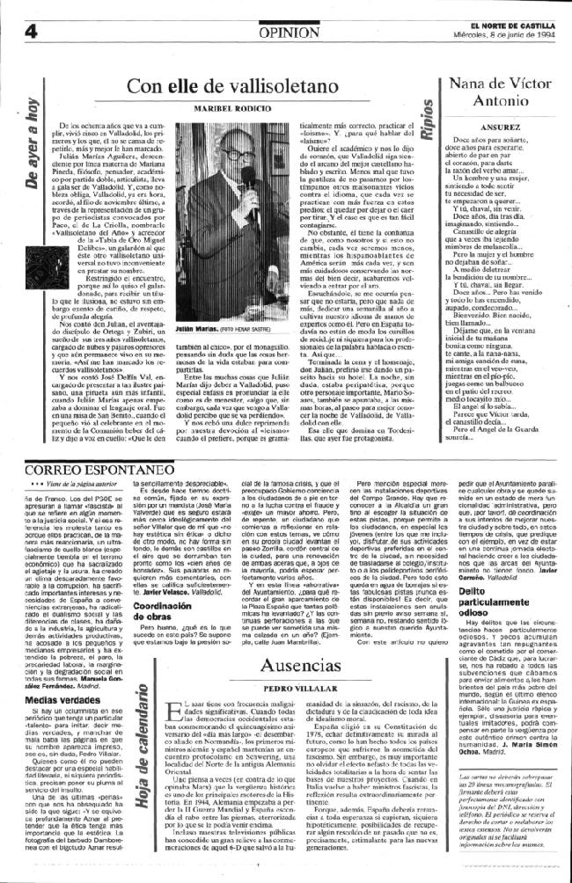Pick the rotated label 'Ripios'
coord(428,124)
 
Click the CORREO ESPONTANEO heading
coord(71,470)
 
